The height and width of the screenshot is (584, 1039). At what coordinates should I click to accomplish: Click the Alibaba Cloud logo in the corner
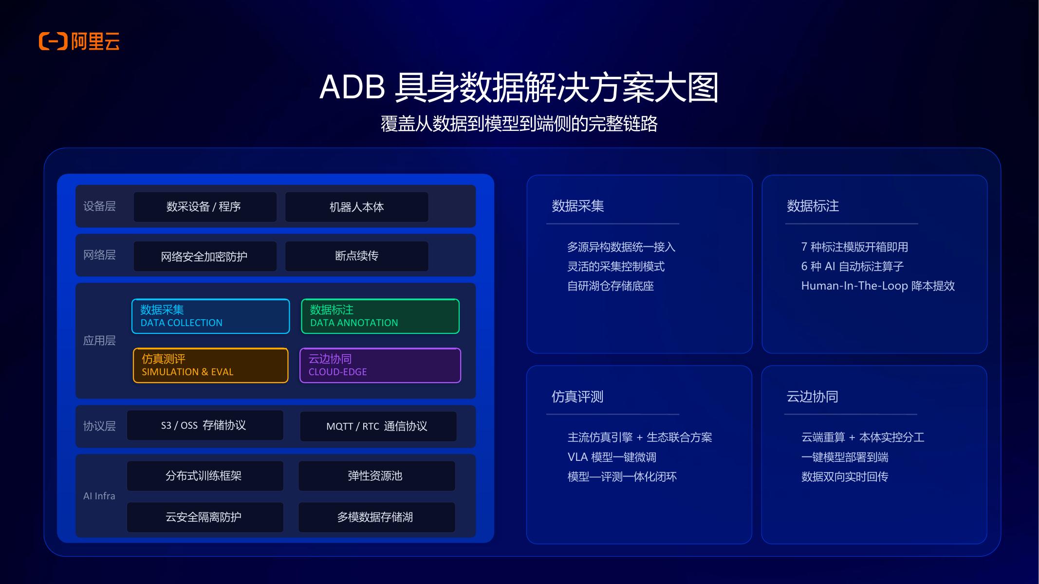tap(79, 41)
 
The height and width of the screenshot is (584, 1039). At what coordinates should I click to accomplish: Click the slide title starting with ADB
tap(519, 88)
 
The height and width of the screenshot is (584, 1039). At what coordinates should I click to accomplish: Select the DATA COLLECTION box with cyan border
tap(211, 316)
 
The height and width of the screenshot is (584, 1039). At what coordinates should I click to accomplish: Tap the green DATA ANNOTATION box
tap(380, 316)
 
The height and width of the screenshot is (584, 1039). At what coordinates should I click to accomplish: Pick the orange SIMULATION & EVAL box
tap(211, 365)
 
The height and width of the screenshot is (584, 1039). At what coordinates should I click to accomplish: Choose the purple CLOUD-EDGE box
tap(380, 365)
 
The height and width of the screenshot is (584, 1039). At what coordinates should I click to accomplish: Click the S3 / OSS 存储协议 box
tap(205, 425)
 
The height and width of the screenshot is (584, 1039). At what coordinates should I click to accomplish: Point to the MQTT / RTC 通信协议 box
tap(378, 426)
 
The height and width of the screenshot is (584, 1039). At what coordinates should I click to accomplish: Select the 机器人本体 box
tap(357, 207)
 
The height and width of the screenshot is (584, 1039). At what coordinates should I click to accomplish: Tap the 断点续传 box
tap(357, 256)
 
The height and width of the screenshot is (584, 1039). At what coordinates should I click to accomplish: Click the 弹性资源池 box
tap(377, 476)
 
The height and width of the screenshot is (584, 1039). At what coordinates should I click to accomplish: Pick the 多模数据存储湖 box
tap(377, 517)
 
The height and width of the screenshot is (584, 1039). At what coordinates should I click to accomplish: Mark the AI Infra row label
tap(99, 496)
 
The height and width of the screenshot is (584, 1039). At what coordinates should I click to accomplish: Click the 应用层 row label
tap(99, 341)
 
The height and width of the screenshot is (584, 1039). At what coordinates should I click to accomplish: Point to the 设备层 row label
tap(99, 206)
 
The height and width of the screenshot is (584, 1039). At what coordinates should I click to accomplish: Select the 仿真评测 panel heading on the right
tap(577, 397)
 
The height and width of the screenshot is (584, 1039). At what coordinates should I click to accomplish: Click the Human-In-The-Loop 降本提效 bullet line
tap(878, 286)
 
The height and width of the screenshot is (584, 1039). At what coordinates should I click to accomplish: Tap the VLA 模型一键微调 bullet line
tap(612, 457)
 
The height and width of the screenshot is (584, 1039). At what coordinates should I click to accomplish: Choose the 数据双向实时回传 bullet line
tap(845, 476)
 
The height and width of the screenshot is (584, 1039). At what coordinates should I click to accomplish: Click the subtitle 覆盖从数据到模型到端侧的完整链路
tap(519, 124)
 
